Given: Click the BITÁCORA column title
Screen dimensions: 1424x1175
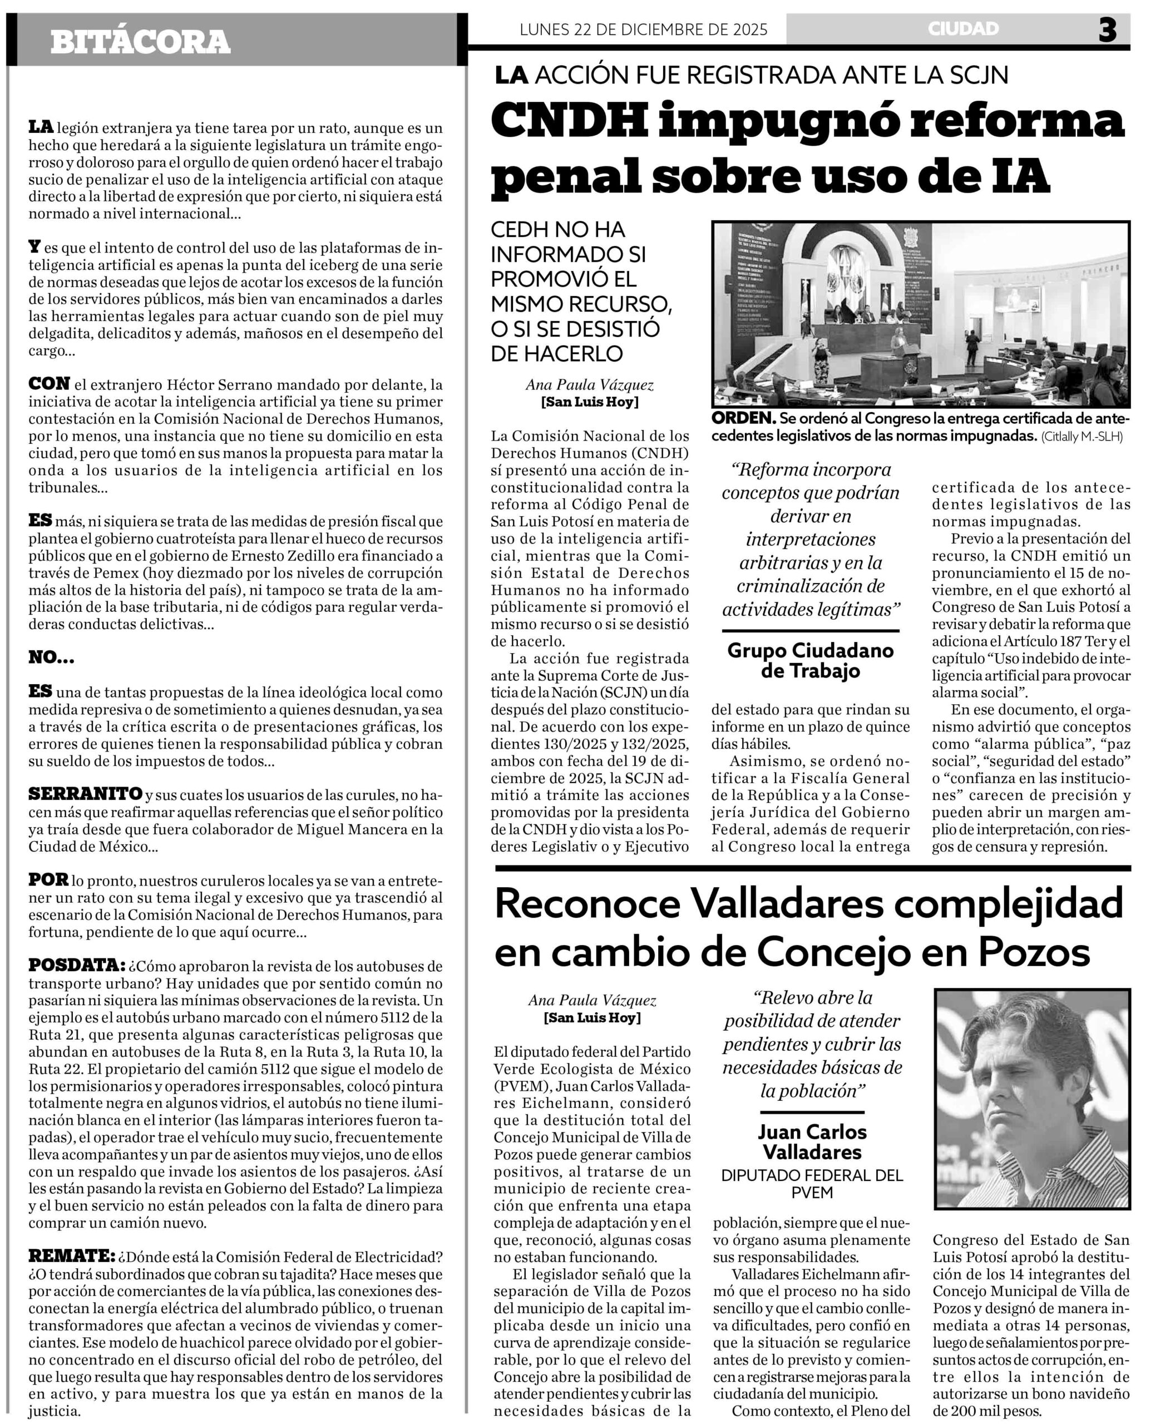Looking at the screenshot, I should [140, 42].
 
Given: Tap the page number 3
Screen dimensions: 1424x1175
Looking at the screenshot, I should [1107, 30].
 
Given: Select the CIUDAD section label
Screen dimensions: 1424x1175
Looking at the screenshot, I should [963, 29].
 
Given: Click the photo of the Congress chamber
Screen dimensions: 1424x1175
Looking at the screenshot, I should [921, 313].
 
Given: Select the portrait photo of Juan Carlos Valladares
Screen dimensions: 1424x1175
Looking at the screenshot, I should [1031, 1099].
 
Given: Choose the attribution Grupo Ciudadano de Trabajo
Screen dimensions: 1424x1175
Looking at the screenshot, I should [810, 661].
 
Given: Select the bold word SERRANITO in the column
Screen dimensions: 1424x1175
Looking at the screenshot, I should [85, 793].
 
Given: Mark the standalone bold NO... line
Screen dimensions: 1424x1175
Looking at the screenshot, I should [51, 657].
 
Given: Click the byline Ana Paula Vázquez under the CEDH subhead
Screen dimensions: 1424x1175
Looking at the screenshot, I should [590, 385].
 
